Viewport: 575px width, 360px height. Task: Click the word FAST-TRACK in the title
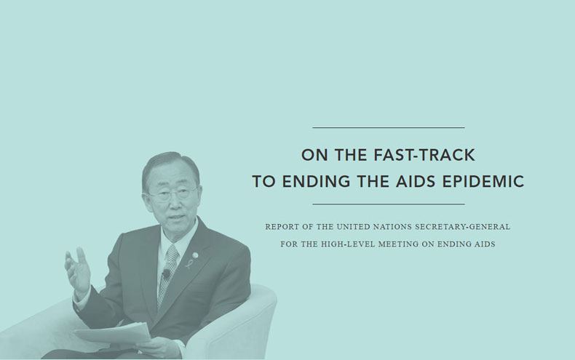coord(424,155)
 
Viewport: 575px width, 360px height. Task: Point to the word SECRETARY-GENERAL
coord(462,227)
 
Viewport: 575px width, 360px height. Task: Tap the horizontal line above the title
coord(389,127)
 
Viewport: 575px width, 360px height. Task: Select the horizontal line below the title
coord(389,204)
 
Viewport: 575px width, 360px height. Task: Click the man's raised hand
coord(77,269)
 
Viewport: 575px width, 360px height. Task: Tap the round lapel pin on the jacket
coord(195,255)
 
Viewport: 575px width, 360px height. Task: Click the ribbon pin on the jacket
coord(189,263)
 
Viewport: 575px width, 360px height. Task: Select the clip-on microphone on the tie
coord(166,273)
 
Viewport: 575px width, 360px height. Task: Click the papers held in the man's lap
coord(114,333)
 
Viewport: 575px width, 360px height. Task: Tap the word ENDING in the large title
coord(316,182)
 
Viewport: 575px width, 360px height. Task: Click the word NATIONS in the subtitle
coord(392,227)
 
